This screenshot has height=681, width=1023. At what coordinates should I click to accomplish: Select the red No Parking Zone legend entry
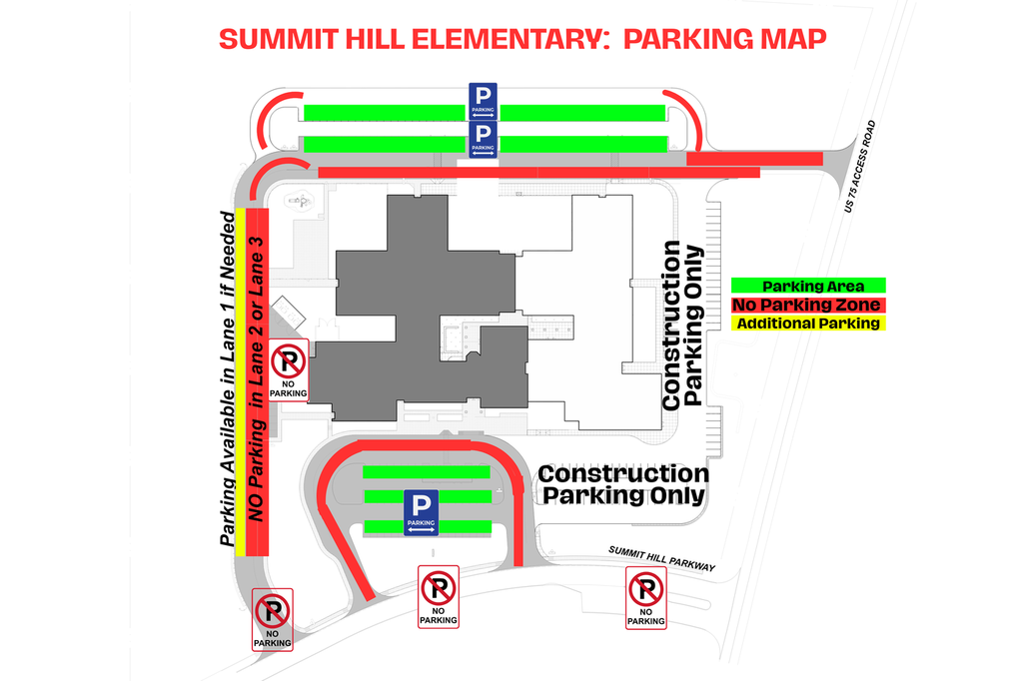pos(806,305)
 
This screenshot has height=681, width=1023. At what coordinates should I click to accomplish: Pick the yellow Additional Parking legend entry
pos(806,323)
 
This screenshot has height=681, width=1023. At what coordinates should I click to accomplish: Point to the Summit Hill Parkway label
pos(662,559)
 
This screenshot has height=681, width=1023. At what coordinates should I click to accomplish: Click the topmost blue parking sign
pos(484,101)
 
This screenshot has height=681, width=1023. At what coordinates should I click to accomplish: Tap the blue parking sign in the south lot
pos(422,512)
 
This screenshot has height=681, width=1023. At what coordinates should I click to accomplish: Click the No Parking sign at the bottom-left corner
pos(273,620)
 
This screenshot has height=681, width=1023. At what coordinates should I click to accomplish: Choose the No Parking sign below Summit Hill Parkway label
pos(645,597)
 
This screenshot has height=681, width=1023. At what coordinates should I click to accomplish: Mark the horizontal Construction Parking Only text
pos(622,484)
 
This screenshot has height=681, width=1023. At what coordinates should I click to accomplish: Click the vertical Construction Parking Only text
pos(684,325)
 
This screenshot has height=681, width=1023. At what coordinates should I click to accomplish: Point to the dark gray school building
pos(420,310)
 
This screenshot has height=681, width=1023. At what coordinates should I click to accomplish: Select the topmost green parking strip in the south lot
pos(426,471)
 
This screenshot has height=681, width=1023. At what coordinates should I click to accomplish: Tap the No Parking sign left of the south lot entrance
pos(439,596)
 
